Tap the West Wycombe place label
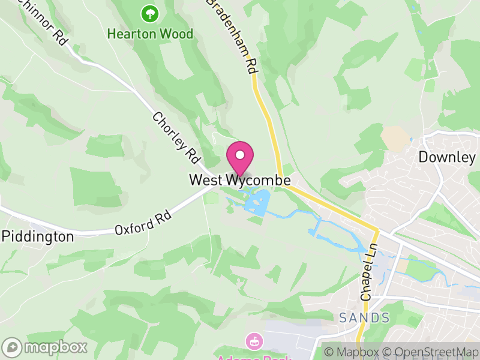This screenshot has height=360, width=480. tap(240, 180)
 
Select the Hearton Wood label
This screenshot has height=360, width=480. tap(150, 34)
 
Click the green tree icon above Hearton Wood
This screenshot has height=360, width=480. tap(148, 13)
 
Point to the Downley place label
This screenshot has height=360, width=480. tap(447, 158)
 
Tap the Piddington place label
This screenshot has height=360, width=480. tap(38, 236)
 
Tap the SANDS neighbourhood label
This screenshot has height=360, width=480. tap(364, 317)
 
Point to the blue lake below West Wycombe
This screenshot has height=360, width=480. tap(257, 202)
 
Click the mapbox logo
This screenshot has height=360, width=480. tap(46, 347)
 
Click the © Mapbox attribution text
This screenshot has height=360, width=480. tap(352, 352)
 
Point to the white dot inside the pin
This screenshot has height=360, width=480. tap(240, 155)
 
